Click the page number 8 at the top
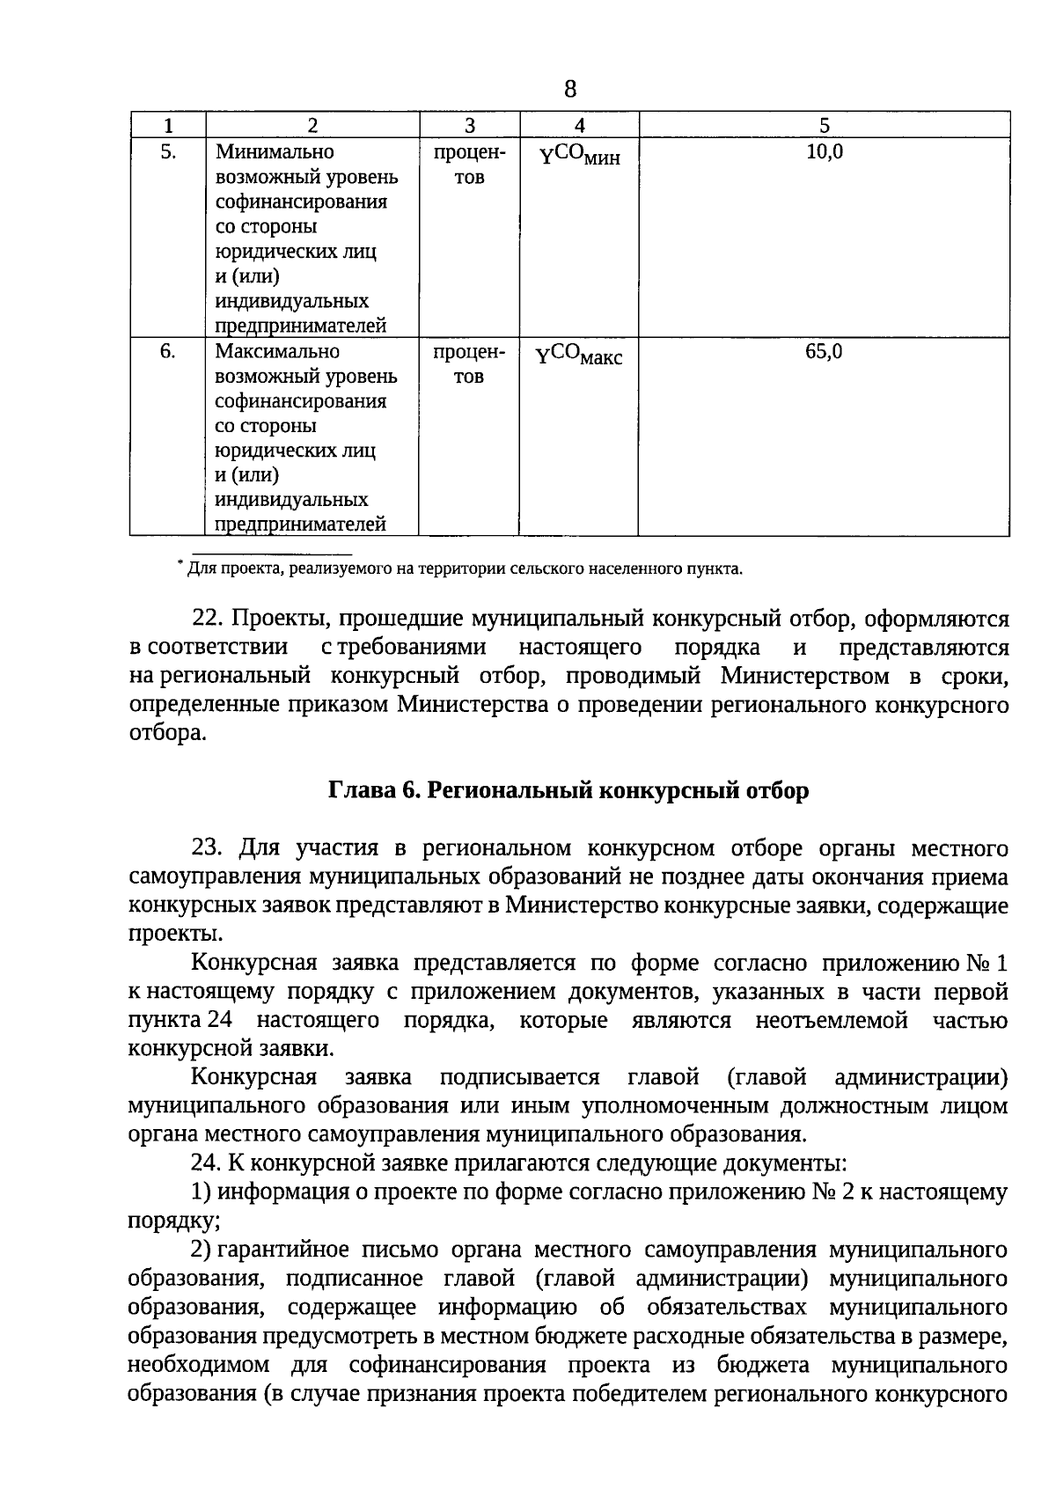[x=570, y=89]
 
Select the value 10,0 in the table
[x=824, y=152]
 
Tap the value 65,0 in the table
[x=824, y=352]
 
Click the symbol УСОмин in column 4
[x=579, y=156]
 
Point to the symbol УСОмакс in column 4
[x=579, y=356]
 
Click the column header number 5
[x=824, y=126]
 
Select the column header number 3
[x=469, y=126]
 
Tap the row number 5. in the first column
[x=168, y=152]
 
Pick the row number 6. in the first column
[x=168, y=352]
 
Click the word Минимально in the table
[x=275, y=152]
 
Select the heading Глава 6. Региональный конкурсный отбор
[x=568, y=790]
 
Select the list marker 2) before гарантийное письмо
[x=202, y=1250]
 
